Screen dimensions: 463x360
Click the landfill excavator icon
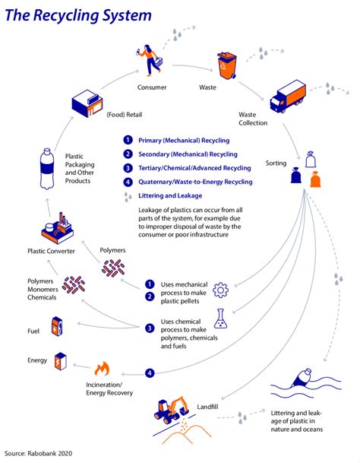pyautogui.click(x=173, y=411)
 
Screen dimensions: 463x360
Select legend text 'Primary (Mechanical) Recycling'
pyautogui.click(x=183, y=141)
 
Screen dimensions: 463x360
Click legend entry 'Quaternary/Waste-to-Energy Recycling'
pyautogui.click(x=194, y=182)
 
